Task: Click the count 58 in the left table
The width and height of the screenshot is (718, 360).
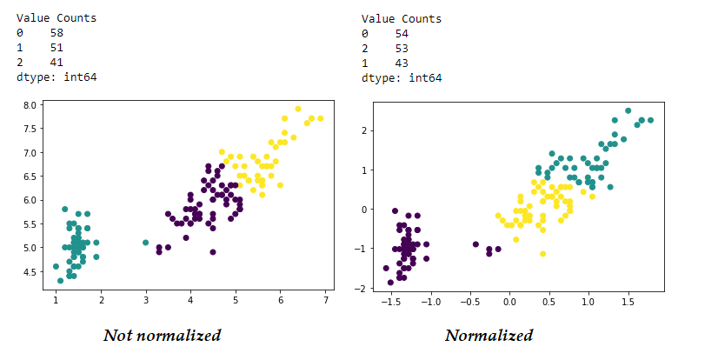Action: [x=57, y=33]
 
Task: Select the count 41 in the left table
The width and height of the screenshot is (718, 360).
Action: [x=57, y=63]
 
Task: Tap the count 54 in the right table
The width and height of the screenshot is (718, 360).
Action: [x=402, y=33]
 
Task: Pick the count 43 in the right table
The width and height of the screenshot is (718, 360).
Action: [x=402, y=63]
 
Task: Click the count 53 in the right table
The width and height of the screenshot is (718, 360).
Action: [x=402, y=48]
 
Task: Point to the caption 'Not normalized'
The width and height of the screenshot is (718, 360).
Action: [x=162, y=335]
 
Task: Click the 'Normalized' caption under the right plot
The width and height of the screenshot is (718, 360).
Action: [x=489, y=335]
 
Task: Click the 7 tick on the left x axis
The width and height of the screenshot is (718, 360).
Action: [x=325, y=301]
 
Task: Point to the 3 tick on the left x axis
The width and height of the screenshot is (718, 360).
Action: [x=146, y=301]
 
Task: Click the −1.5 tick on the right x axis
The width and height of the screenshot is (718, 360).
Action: [x=389, y=301]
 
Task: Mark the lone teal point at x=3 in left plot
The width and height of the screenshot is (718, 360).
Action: [x=146, y=243]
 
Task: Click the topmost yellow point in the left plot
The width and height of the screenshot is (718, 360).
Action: [x=298, y=110]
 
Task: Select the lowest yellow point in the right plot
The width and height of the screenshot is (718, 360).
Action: [x=542, y=254]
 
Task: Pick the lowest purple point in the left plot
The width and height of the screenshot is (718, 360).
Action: [x=213, y=252]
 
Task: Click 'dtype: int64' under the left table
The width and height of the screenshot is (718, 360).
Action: [x=57, y=77]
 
